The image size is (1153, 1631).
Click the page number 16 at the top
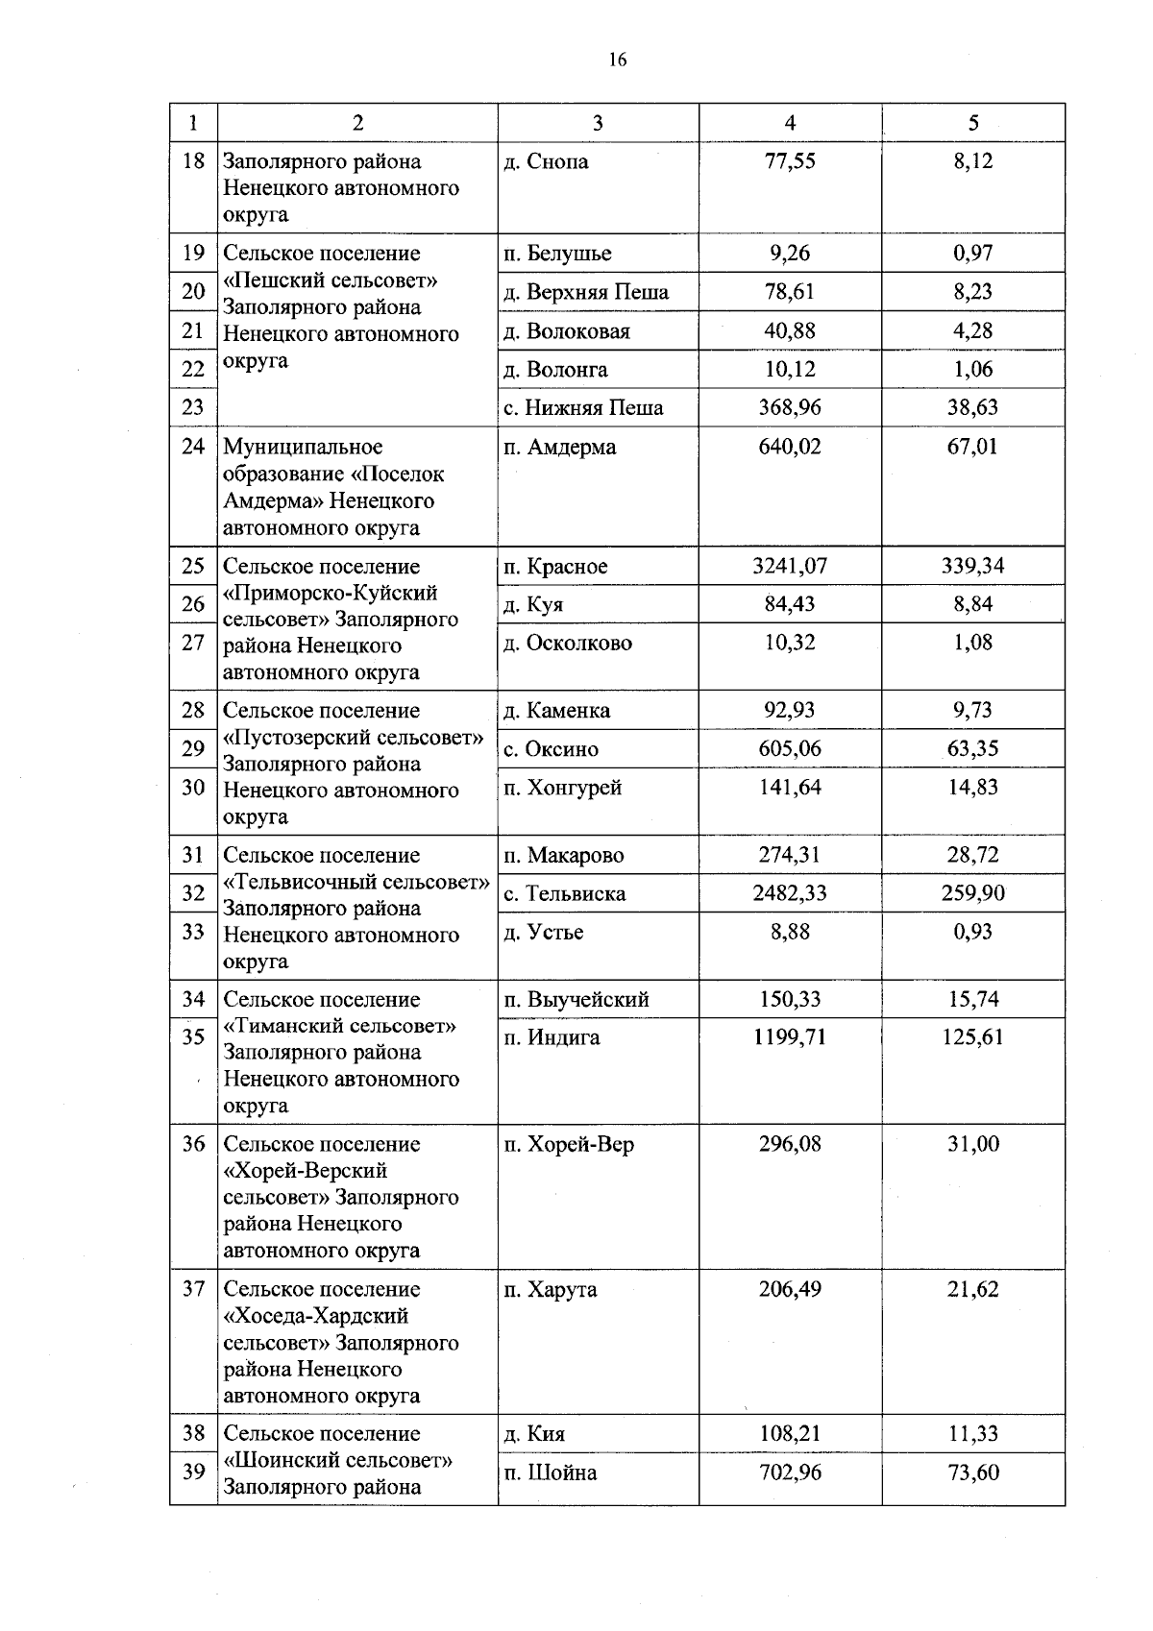point(617,60)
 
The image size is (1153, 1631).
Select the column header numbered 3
point(598,123)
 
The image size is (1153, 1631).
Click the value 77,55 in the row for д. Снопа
point(790,161)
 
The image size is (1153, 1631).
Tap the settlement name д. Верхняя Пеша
point(586,292)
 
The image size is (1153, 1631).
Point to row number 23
point(193,407)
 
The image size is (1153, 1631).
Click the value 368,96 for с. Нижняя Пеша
point(790,407)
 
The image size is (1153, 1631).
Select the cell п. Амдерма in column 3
point(560,447)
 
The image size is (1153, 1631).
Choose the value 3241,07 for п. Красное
point(790,566)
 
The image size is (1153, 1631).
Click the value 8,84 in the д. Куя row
point(973,604)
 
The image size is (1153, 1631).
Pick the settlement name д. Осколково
point(568,643)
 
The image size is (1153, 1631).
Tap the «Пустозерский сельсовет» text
point(354,738)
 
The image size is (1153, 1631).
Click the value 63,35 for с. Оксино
point(973,748)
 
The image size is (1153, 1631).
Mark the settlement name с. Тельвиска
point(565,893)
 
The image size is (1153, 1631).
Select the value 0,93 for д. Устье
point(973,932)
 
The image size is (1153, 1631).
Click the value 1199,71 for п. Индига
point(790,1037)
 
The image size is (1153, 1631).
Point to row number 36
point(193,1144)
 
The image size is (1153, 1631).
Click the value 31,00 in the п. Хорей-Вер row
point(973,1144)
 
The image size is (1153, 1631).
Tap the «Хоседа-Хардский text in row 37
point(316,1316)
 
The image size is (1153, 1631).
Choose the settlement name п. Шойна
point(551,1473)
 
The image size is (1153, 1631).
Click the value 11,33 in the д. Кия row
point(973,1434)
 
